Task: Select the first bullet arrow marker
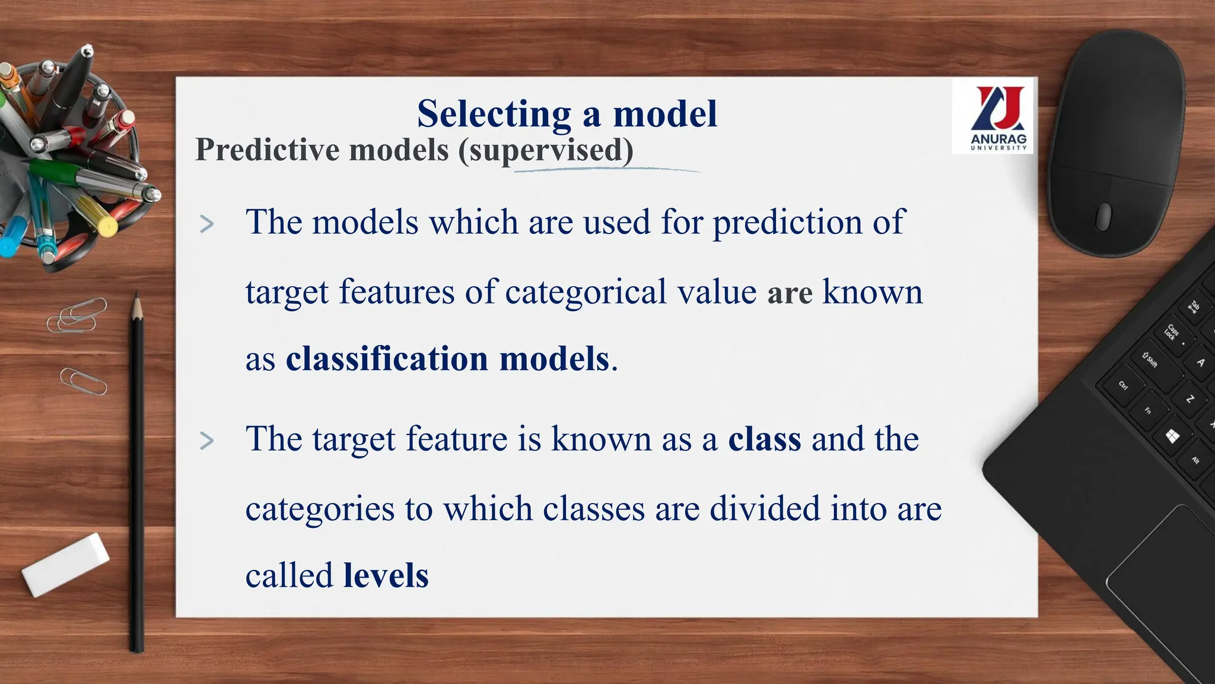[206, 224]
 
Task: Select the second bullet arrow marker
[206, 441]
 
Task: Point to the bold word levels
[386, 575]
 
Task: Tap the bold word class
[764, 439]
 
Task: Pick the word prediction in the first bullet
[787, 223]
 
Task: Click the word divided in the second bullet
[764, 509]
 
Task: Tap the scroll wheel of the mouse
[1103, 216]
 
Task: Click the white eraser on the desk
[65, 564]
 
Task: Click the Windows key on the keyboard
[1172, 437]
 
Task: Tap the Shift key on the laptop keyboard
[1151, 360]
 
